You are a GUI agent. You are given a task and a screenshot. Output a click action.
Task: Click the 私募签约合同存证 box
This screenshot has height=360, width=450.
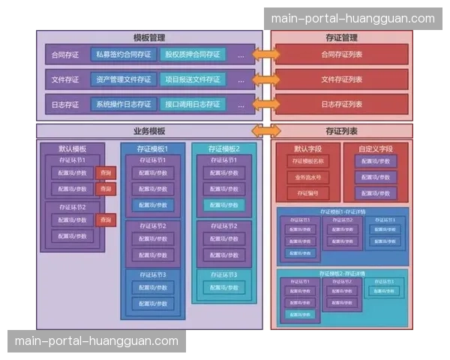click(123, 55)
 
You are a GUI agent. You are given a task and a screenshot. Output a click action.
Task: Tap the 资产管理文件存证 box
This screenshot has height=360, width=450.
click(123, 79)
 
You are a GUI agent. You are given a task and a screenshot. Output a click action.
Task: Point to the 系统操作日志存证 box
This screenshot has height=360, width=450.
click(123, 104)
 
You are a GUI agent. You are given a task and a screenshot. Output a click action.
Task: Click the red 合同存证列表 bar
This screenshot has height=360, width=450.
click(342, 55)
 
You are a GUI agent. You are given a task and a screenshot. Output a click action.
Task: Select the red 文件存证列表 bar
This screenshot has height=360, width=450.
click(342, 79)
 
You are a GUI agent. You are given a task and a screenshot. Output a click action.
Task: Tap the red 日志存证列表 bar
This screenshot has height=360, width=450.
click(342, 104)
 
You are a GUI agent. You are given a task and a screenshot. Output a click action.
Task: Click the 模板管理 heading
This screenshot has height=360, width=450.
click(149, 37)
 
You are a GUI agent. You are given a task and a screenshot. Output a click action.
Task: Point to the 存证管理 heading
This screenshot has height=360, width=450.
click(342, 37)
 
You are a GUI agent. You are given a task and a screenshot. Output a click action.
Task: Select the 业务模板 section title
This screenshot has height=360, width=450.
click(149, 130)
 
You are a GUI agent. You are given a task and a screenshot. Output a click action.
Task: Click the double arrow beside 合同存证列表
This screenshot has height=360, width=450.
click(266, 55)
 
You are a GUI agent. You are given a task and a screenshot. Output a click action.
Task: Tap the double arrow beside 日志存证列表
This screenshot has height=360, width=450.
click(266, 104)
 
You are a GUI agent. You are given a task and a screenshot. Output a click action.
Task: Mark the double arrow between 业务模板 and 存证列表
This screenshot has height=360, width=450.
click(266, 130)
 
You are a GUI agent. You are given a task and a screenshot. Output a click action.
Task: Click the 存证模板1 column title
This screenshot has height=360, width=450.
click(152, 148)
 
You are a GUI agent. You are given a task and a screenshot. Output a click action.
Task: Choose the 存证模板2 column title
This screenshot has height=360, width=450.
click(223, 148)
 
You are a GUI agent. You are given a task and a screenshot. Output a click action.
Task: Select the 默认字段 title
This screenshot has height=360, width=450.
click(307, 148)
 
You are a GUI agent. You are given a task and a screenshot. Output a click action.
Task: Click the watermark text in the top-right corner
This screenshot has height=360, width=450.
click(352, 19)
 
